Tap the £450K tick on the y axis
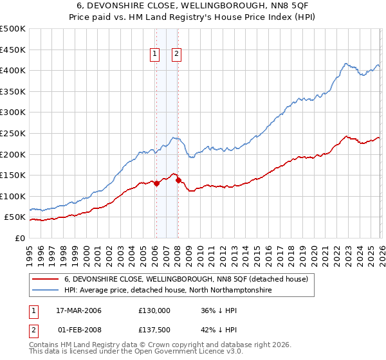[13, 50]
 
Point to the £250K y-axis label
[13, 133]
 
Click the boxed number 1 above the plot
[156, 55]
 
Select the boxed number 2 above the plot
[176, 55]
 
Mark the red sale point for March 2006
[156, 183]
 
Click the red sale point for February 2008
[178, 180]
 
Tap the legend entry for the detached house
[187, 280]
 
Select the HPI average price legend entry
[168, 291]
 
